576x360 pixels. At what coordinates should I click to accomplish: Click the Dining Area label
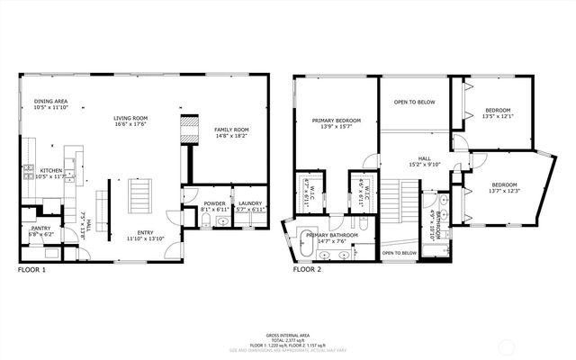pyautogui.click(x=50, y=102)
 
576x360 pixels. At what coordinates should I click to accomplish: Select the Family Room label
pyautogui.click(x=231, y=130)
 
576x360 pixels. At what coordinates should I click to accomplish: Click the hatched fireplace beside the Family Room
pyautogui.click(x=189, y=130)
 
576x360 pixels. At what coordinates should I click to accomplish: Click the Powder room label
pyautogui.click(x=214, y=204)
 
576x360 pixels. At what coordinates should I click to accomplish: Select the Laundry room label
pyautogui.click(x=249, y=204)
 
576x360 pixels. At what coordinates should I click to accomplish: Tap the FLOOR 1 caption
pyautogui.click(x=32, y=269)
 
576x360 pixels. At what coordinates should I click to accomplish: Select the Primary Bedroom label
pyautogui.click(x=337, y=121)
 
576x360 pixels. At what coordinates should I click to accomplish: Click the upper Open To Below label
pyautogui.click(x=415, y=103)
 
